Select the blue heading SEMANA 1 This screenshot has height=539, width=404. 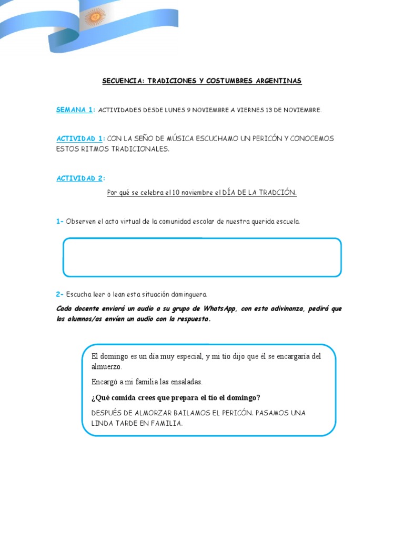(x=75, y=109)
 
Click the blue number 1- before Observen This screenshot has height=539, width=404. (x=59, y=222)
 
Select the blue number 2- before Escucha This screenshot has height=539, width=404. (x=59, y=294)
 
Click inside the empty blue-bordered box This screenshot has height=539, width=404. (x=202, y=257)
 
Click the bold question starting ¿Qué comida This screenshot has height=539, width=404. (x=176, y=397)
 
